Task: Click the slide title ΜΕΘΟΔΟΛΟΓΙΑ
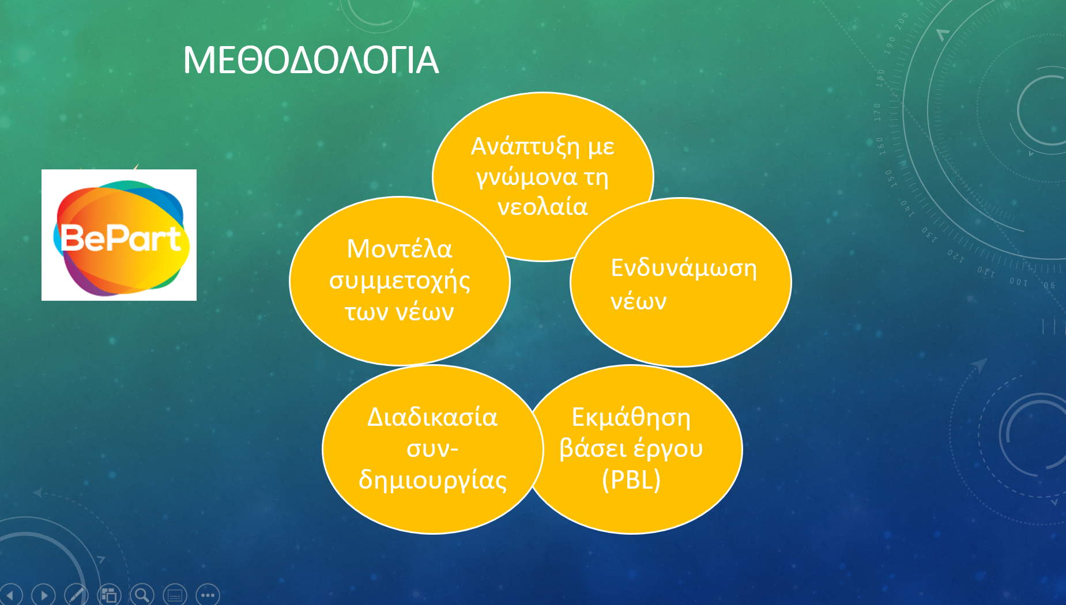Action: (311, 60)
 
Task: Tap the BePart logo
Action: (119, 235)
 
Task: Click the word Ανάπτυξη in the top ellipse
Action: (525, 147)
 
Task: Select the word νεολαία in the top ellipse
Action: (543, 206)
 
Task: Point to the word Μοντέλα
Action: (400, 249)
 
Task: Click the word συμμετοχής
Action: (400, 281)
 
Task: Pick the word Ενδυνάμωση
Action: (684, 269)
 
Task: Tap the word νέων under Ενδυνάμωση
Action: (639, 301)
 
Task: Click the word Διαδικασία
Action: (432, 417)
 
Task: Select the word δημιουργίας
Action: (432, 479)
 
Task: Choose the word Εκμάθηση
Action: (631, 417)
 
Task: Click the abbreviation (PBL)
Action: (631, 479)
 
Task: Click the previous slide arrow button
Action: (11, 595)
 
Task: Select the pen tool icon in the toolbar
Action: (76, 595)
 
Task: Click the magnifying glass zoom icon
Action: (142, 595)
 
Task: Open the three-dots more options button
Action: (208, 595)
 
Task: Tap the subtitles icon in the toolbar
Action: (175, 595)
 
